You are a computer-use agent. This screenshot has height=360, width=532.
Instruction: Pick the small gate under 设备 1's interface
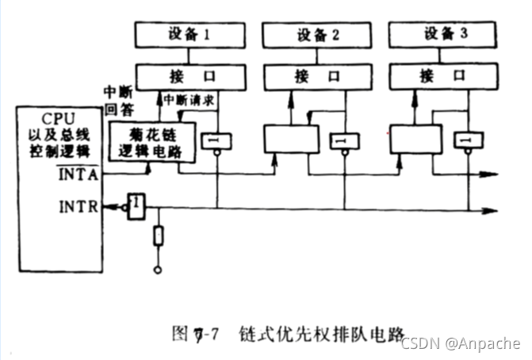[x=216, y=141]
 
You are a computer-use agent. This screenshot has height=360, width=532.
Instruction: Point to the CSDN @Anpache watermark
[x=461, y=343]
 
